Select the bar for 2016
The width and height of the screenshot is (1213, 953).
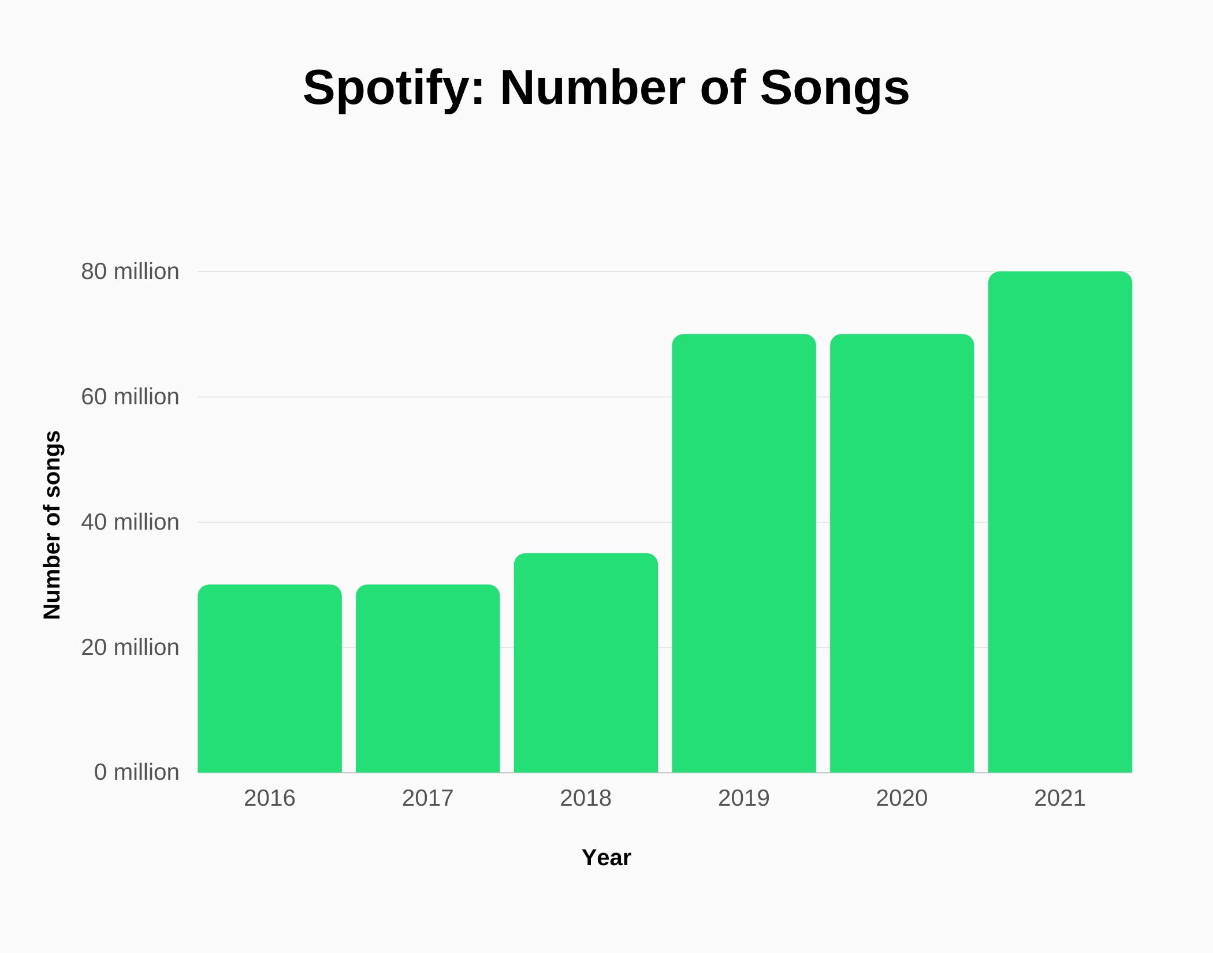point(270,679)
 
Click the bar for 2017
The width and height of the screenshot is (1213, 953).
point(427,679)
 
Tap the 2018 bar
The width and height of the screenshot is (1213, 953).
point(586,663)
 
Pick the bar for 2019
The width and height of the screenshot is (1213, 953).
point(744,553)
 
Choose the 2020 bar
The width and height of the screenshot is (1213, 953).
point(902,553)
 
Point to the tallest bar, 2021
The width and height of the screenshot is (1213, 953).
point(1060,522)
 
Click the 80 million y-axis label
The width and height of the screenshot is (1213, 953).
point(130,271)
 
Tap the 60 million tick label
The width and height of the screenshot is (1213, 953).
point(130,397)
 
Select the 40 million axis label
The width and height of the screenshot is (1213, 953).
point(130,522)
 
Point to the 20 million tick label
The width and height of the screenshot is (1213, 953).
point(130,647)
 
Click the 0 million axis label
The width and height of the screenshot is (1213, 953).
point(136,772)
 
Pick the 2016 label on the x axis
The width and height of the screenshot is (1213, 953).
point(270,798)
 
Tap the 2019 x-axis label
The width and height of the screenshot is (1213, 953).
point(744,798)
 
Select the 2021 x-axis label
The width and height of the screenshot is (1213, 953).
point(1060,798)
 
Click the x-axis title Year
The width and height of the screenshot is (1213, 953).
point(606,858)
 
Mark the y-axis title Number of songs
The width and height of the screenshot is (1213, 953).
point(52,524)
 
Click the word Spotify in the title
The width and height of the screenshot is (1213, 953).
point(393,88)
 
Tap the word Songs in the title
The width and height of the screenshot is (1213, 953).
point(834,88)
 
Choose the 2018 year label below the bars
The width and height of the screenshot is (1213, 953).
point(586,798)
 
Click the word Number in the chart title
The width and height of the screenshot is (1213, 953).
point(593,88)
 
